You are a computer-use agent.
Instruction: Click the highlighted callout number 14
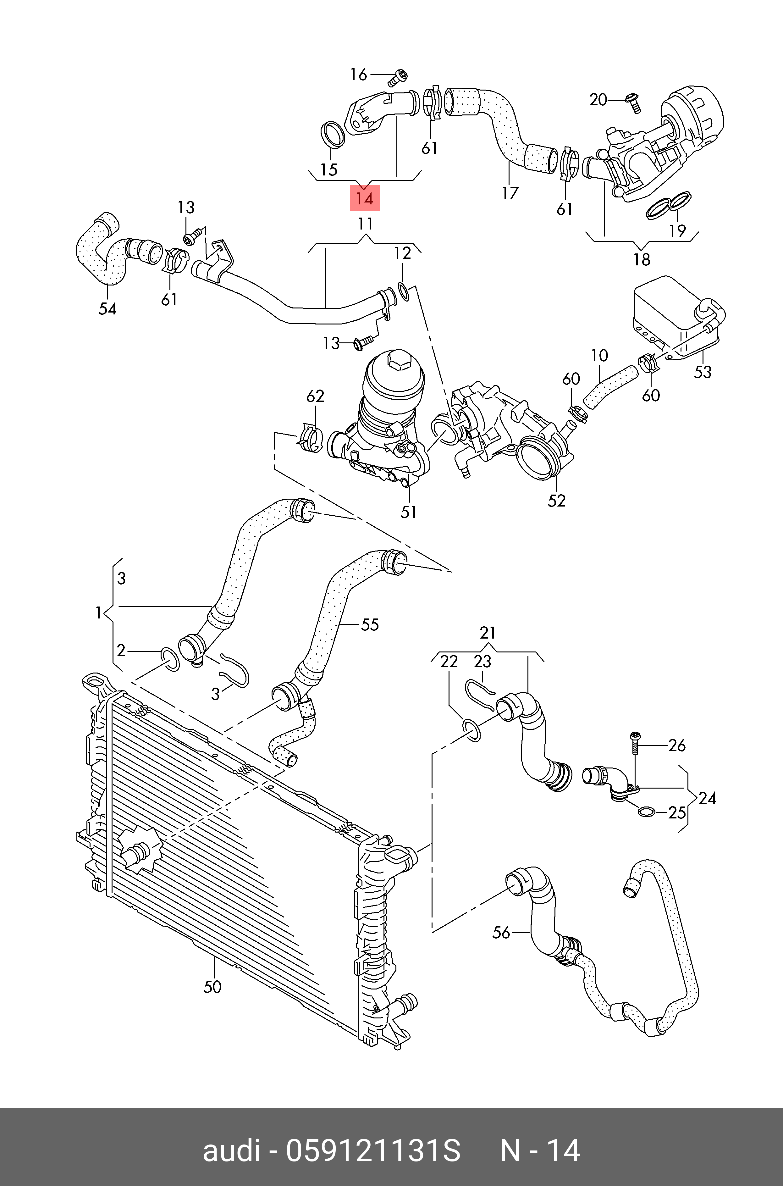coord(365,198)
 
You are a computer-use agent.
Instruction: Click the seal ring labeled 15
coord(332,134)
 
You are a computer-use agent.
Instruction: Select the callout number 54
coord(108,309)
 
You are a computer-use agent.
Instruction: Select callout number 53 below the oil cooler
coord(702,372)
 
